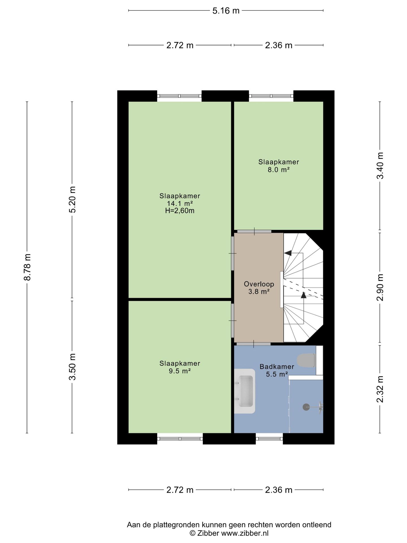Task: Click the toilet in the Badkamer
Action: pos(306,360)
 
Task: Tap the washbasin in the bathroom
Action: pos(245,391)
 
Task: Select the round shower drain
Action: pos(306,407)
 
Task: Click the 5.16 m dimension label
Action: pos(226,11)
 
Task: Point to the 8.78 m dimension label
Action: pos(27,267)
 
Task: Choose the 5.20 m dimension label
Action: pos(72,199)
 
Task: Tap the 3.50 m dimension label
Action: pos(72,367)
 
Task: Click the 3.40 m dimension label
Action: pos(380,165)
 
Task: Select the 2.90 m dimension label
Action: pos(380,287)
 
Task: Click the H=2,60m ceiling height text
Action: pos(180,210)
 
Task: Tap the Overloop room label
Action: pos(259,284)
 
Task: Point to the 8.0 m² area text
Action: pos(279,169)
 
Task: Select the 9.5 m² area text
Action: pos(180,371)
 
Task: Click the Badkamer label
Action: pos(277,367)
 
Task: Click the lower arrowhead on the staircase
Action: pos(304,295)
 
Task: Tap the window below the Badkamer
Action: pos(269,439)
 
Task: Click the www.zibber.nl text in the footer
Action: pos(245,533)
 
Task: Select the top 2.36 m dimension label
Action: pos(279,45)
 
